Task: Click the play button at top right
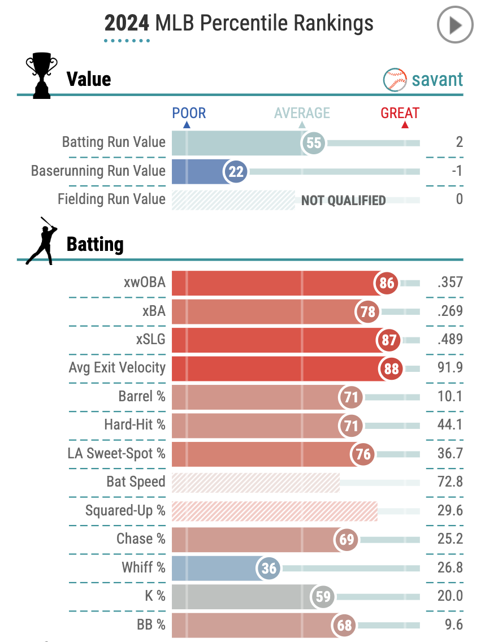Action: click(455, 25)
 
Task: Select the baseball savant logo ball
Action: click(395, 80)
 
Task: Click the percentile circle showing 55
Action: click(314, 143)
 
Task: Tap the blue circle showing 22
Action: click(236, 171)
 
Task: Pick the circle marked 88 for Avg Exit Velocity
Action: click(390, 368)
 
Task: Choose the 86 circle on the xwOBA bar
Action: click(387, 283)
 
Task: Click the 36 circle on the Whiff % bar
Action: click(269, 568)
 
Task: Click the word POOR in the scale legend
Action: click(189, 113)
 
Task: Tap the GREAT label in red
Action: click(400, 113)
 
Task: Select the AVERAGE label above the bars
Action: click(302, 113)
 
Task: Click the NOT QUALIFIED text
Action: click(343, 200)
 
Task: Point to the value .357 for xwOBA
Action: click(450, 283)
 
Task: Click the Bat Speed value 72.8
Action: click(450, 482)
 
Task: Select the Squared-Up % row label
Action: click(125, 511)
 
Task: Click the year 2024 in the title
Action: click(127, 24)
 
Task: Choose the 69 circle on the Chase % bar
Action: click(347, 540)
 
